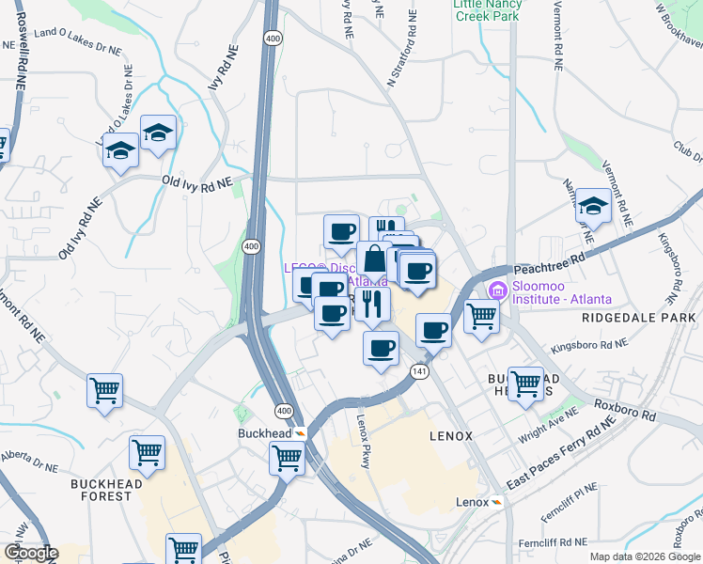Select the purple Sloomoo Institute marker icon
[x=496, y=291]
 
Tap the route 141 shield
[x=418, y=372]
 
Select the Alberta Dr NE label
[x=29, y=455]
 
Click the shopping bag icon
[x=374, y=259]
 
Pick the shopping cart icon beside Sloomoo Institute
[x=481, y=316]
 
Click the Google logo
[x=31, y=554]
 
